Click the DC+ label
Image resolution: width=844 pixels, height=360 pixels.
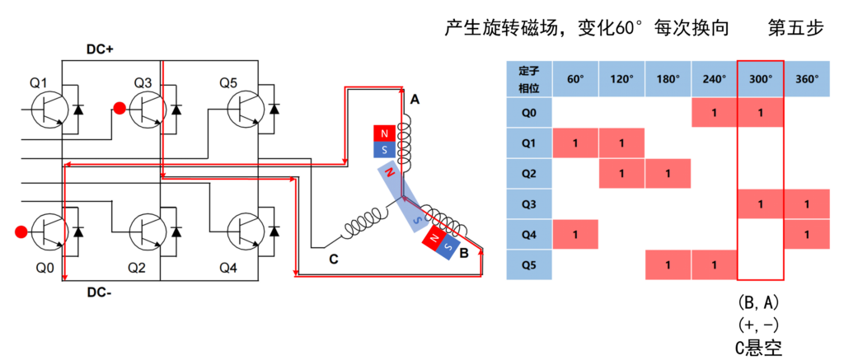[100, 49]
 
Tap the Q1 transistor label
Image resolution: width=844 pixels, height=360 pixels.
[40, 82]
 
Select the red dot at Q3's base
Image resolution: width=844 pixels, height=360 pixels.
[120, 108]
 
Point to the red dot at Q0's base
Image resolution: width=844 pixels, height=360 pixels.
[21, 231]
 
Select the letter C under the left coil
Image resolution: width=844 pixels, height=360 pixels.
[333, 257]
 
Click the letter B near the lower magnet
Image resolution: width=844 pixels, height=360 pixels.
[464, 254]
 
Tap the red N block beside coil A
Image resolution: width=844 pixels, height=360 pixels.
[385, 133]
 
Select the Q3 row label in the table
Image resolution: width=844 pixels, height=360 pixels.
[527, 203]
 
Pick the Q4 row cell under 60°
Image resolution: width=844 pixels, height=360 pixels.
[575, 234]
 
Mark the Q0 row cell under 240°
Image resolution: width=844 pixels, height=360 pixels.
[714, 111]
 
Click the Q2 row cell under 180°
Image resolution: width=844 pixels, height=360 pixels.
[668, 173]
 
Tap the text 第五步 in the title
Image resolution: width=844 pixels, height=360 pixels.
[795, 28]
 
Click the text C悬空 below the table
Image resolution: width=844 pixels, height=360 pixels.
[760, 347]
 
